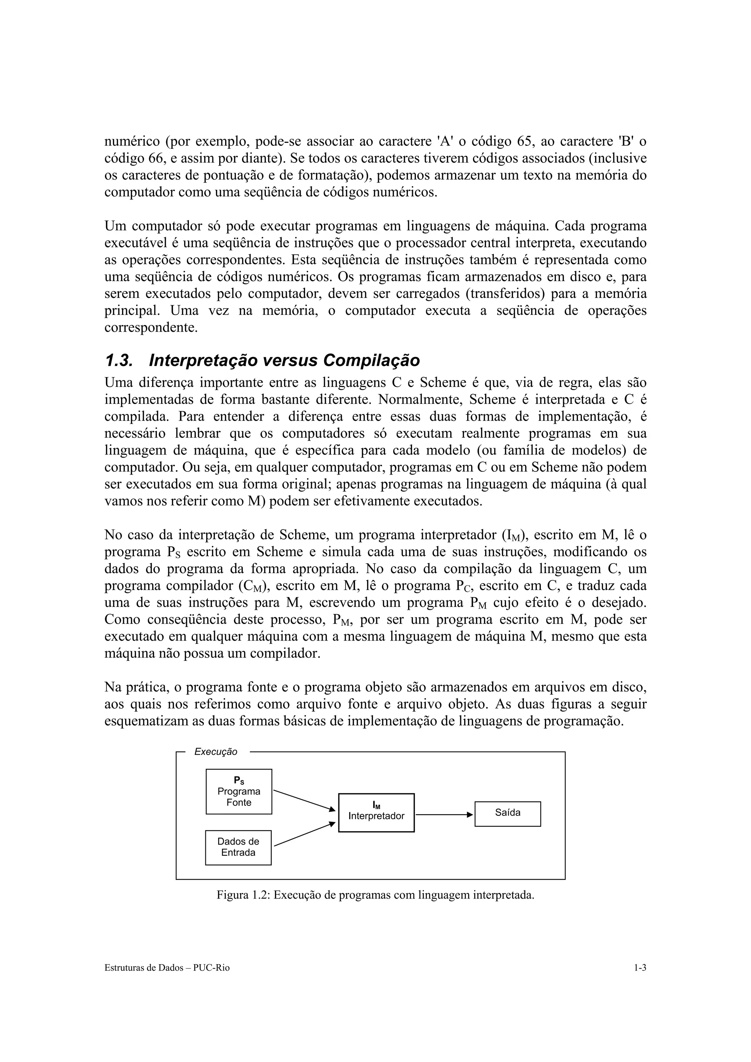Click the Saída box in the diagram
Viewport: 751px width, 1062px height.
(x=508, y=814)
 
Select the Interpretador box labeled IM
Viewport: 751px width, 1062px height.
(x=376, y=813)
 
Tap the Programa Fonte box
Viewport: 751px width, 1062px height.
(x=239, y=792)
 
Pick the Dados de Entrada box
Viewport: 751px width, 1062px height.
(x=238, y=847)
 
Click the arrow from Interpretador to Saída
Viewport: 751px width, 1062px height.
(x=444, y=815)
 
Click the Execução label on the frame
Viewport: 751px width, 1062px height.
(x=216, y=752)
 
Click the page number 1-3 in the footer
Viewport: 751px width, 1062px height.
(x=640, y=968)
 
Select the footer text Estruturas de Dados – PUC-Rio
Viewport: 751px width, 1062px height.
(x=167, y=968)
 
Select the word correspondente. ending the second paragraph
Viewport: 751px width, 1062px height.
(x=151, y=328)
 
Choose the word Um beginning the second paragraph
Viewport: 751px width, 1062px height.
(x=114, y=226)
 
